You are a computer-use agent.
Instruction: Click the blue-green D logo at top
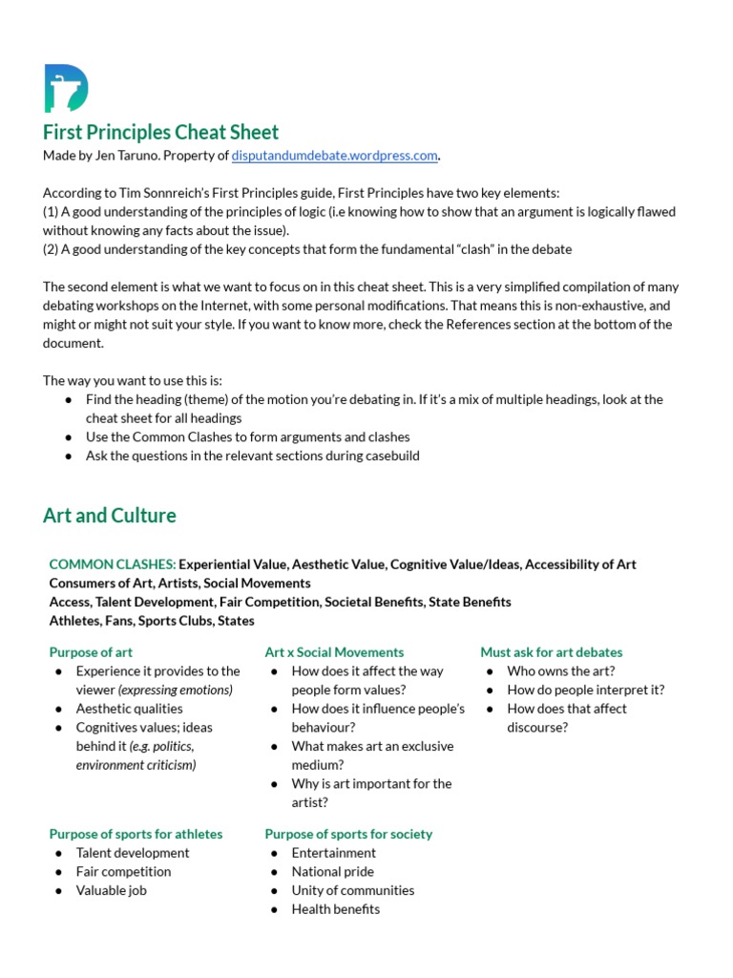[66, 88]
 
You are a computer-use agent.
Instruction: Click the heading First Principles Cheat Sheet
[160, 132]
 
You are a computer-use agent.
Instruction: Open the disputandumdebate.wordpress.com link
[334, 155]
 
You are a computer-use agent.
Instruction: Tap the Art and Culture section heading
[110, 516]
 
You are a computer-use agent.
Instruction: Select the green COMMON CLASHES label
[112, 564]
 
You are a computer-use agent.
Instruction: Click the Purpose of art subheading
[91, 652]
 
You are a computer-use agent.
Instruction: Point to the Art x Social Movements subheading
[334, 652]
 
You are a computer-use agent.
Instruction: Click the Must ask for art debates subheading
[551, 652]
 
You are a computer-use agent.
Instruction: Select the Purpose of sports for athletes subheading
[136, 834]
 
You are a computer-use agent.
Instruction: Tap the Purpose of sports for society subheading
[348, 834]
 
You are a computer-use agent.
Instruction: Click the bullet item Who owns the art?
[561, 670]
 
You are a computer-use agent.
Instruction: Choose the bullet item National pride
[333, 871]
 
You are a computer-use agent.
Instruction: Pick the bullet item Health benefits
[336, 908]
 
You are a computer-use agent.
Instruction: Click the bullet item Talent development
[133, 853]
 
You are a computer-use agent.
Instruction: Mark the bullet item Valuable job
[112, 890]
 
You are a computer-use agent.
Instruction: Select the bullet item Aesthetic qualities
[130, 709]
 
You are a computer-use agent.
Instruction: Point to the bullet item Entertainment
[334, 853]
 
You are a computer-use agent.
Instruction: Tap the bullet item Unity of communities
[353, 890]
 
